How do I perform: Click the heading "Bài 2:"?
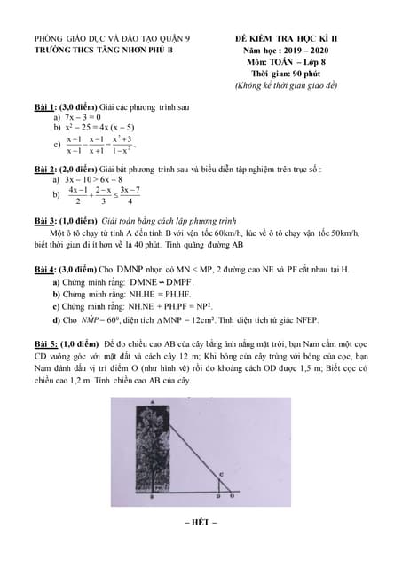43,167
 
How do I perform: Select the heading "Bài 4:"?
43,268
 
